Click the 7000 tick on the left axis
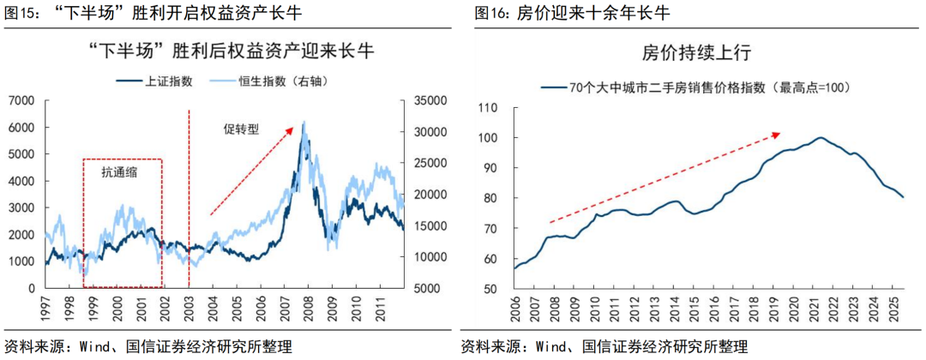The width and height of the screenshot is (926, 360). pyautogui.click(x=21, y=100)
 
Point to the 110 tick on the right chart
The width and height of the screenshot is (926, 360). pyautogui.click(x=490, y=108)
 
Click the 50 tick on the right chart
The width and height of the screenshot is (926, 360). pyautogui.click(x=492, y=289)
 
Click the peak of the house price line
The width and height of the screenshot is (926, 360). pyautogui.click(x=821, y=137)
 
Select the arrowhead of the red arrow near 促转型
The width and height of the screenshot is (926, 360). pyautogui.click(x=293, y=128)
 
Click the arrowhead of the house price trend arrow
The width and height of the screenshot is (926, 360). pyautogui.click(x=779, y=133)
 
